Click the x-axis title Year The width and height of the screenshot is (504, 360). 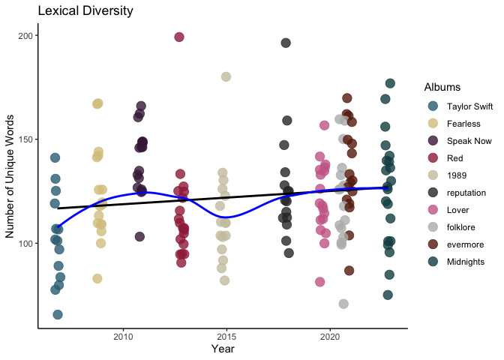click(x=223, y=349)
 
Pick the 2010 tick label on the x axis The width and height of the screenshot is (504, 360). click(x=123, y=337)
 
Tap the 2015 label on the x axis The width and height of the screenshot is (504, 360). click(x=226, y=337)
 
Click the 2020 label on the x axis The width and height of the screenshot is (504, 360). click(x=330, y=337)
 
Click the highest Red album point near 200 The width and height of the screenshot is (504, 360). click(x=179, y=37)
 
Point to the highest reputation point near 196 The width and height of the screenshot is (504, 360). click(x=286, y=43)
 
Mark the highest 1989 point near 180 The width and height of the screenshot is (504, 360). click(x=226, y=76)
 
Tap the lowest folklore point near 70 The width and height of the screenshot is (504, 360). click(x=343, y=304)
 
